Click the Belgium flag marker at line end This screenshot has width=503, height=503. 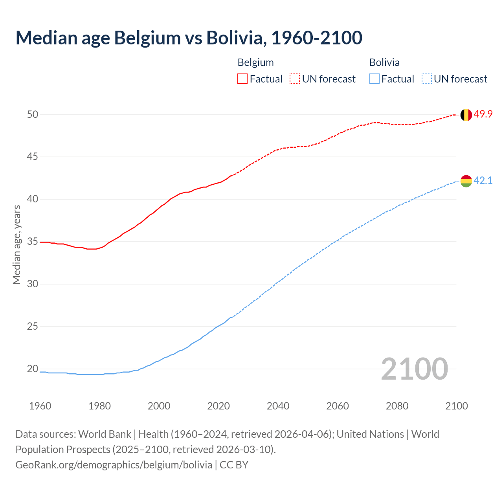[x=466, y=115]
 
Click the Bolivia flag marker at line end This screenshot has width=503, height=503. [x=466, y=181]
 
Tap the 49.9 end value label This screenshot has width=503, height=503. [x=483, y=114]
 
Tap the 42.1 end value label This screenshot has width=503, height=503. [x=483, y=181]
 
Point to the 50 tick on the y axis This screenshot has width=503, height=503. [x=33, y=114]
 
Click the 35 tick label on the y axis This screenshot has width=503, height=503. [x=33, y=242]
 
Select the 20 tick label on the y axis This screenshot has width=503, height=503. [x=33, y=369]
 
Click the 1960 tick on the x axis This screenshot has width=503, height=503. [x=40, y=406]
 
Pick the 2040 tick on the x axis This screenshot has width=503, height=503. [x=278, y=406]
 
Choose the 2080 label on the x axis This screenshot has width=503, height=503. [x=397, y=406]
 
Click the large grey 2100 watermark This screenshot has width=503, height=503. [x=414, y=369]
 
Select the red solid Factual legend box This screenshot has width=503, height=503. [x=242, y=79]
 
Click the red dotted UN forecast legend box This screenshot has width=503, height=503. [x=295, y=79]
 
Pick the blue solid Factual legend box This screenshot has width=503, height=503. [x=374, y=79]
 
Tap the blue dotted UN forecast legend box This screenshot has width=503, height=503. [x=427, y=79]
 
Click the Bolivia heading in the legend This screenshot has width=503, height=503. [x=384, y=62]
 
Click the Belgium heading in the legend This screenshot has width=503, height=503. [x=255, y=62]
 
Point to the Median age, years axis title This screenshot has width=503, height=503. [x=17, y=244]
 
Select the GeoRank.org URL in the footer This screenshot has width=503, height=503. [x=114, y=465]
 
